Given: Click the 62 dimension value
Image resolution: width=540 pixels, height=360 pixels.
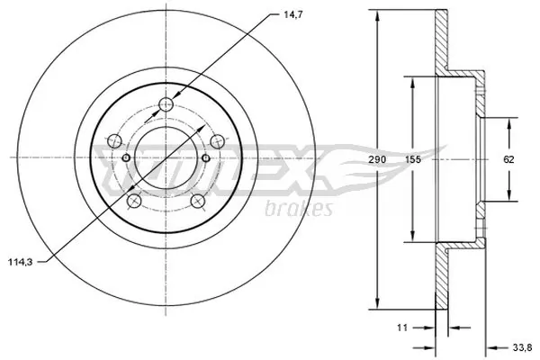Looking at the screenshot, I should (508, 159).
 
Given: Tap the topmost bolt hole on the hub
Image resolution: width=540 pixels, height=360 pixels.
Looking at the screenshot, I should (166, 105).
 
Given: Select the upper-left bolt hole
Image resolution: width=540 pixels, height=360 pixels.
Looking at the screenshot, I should (113, 140).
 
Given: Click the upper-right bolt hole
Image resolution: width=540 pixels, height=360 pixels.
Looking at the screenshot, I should (217, 140).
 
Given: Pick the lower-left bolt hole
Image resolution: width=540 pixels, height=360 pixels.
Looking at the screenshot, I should (133, 201).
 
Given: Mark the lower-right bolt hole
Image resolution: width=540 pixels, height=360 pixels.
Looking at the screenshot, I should (197, 201).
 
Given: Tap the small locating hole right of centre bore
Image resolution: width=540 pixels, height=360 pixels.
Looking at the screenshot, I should (206, 159).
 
